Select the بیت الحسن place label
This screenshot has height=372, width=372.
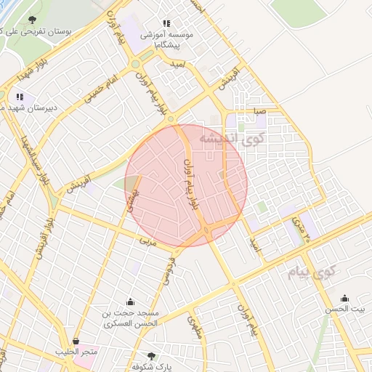click(346, 309)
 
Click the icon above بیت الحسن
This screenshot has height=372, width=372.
click(344, 298)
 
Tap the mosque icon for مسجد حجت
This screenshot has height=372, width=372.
click(130, 302)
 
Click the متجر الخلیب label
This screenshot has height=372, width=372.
click(76, 352)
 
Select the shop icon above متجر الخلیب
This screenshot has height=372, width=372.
click(76, 341)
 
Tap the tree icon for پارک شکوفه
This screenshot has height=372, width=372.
click(151, 356)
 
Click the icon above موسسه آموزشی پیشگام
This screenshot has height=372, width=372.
click(167, 24)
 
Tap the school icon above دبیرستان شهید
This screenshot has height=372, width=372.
click(19, 96)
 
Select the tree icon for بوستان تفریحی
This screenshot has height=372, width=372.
click(32, 20)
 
